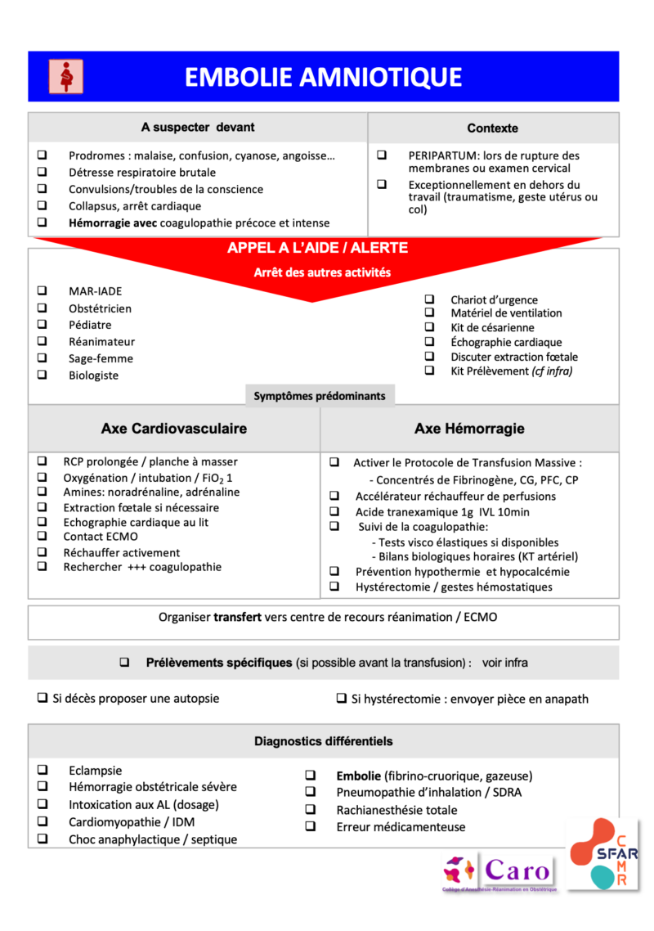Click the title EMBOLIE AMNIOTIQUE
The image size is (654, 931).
point(323,77)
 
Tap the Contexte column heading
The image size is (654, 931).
point(492,128)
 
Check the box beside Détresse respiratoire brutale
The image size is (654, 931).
point(43,172)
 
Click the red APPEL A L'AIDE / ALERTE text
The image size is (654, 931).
point(317,248)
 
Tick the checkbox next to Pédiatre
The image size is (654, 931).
point(43,325)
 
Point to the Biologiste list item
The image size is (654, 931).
point(93,376)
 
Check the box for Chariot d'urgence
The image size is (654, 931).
point(429,299)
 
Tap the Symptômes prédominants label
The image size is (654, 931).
point(319,396)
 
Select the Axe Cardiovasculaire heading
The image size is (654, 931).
point(173,429)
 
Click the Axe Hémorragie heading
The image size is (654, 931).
point(469,429)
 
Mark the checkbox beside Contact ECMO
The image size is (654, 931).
point(43,537)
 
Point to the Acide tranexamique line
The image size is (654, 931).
point(441,511)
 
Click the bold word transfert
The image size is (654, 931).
point(237,617)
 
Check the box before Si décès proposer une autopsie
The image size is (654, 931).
point(42,699)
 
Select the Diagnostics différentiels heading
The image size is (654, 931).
point(323,741)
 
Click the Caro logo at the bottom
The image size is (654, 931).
point(499,872)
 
